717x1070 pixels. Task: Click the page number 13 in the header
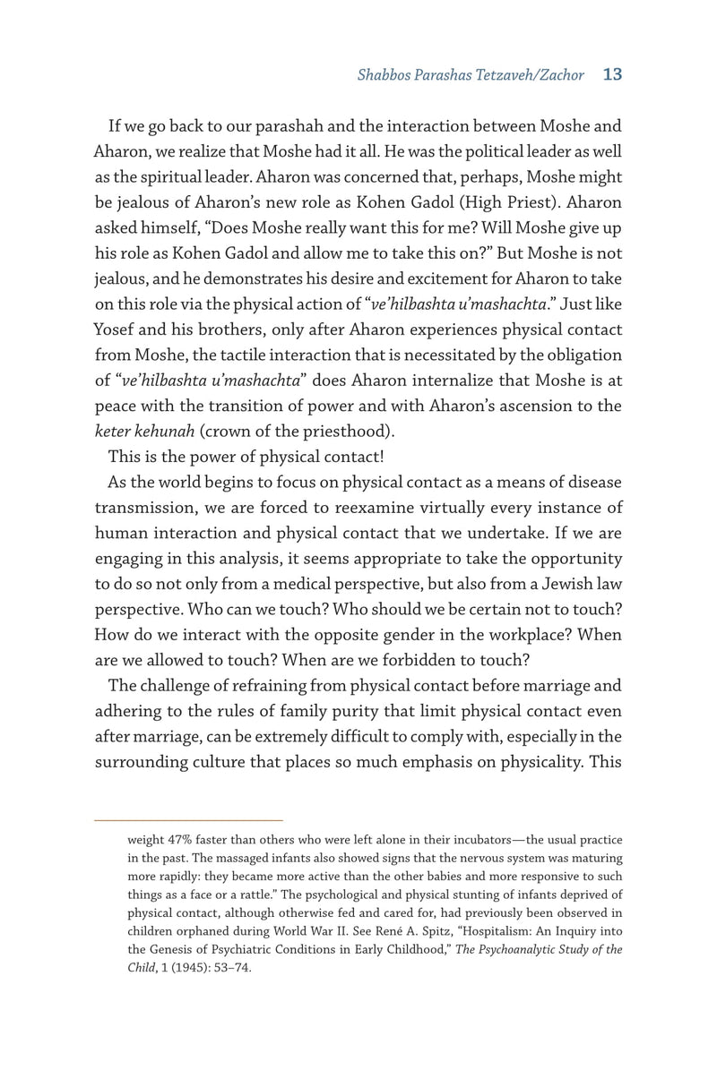click(613, 75)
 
